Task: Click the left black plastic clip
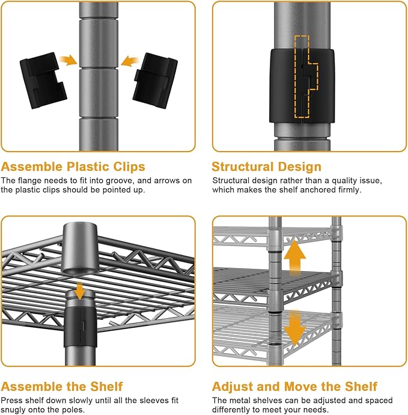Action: tap(43, 80)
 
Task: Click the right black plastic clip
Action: tap(155, 81)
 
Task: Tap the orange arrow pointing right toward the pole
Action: tap(69, 60)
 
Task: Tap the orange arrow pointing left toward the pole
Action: tap(130, 61)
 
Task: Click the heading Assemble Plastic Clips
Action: tap(73, 167)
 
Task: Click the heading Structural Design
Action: tap(266, 167)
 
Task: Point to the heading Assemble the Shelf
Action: tap(62, 386)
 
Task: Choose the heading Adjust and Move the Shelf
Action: tap(294, 386)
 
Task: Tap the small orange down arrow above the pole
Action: tap(79, 291)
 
